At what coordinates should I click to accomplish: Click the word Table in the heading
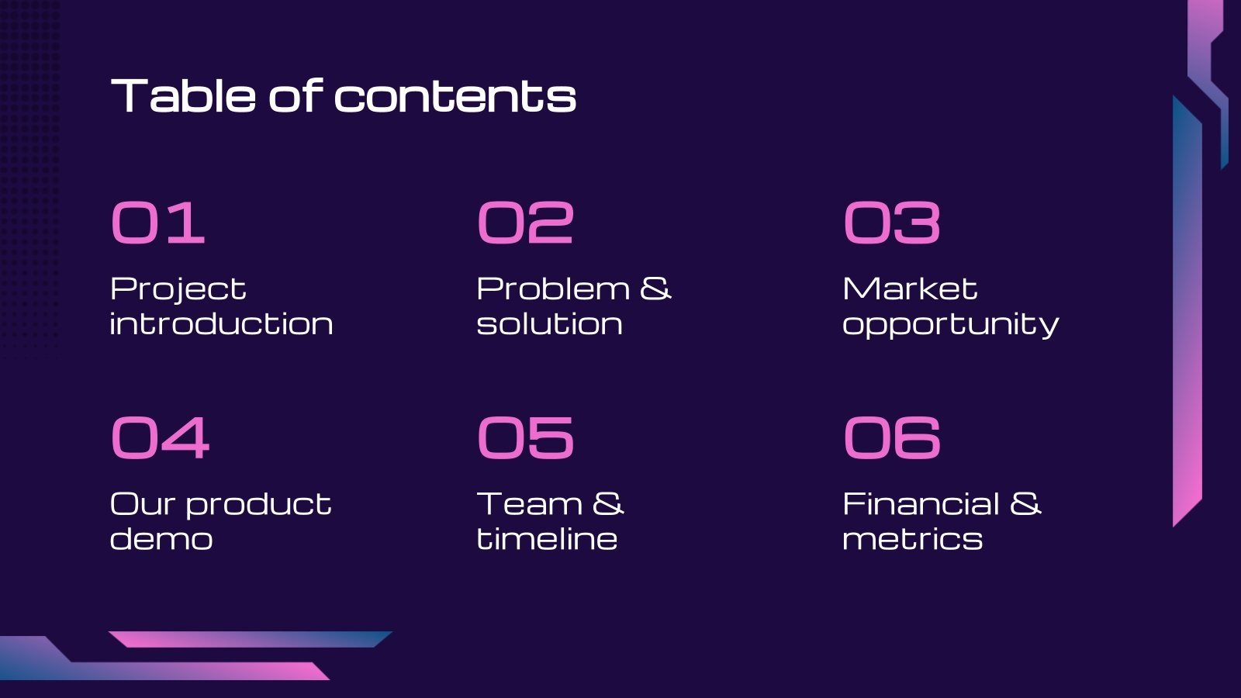coord(184,96)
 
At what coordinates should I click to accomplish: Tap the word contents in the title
coord(455,97)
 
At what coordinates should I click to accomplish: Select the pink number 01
coord(158,223)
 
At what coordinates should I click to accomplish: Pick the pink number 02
coord(525,223)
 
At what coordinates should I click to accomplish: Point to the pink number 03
coord(892,223)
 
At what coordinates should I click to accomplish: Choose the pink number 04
coord(160,437)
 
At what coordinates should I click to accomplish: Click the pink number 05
coord(525,437)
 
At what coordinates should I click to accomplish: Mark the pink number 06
coord(892,437)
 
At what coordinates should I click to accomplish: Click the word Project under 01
coord(178,290)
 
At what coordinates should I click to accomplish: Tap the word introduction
coord(222,324)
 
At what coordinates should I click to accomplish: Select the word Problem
coord(553,289)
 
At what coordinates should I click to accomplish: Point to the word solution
coord(549,324)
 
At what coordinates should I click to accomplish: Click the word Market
coord(910,289)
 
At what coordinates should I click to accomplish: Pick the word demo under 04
coord(161,539)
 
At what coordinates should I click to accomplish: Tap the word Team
coord(529,504)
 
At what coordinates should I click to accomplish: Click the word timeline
coord(547,539)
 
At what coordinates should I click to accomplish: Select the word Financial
coord(921,504)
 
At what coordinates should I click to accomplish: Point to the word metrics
coord(912,539)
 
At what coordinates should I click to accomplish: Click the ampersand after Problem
coord(655,289)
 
